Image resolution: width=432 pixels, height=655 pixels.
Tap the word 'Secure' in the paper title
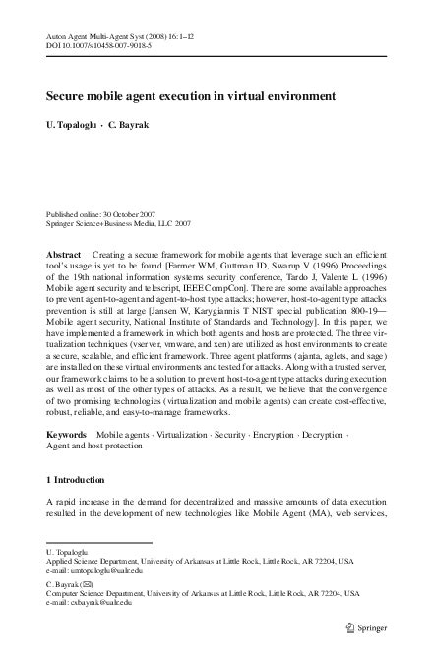(x=66, y=98)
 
